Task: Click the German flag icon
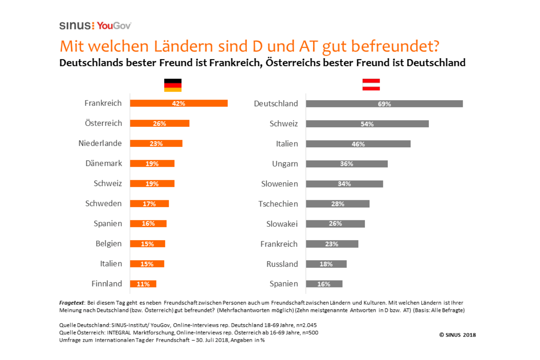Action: coord(173,85)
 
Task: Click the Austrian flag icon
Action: coord(371,85)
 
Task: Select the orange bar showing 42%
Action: coord(179,103)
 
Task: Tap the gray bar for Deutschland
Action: coord(384,104)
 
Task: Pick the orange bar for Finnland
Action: coord(143,284)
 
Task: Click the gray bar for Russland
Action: coord(326,264)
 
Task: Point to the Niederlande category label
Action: coord(100,143)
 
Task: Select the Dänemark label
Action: coord(103,163)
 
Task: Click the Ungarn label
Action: coord(285,164)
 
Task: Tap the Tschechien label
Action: coord(278,204)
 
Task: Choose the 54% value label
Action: coord(367,124)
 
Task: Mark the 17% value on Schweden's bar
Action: coord(149,204)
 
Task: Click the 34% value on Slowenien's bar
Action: coord(344,184)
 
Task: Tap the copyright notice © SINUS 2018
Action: coord(457,335)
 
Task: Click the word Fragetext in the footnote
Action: coord(71,303)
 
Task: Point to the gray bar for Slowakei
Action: coord(335,224)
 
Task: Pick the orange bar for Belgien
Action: coord(147,244)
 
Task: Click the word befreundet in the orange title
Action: coord(395,46)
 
